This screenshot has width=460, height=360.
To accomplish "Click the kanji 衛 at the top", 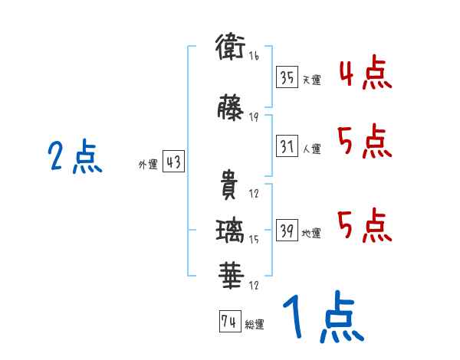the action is (x=230, y=47).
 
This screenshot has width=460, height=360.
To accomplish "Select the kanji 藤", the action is (x=230, y=107).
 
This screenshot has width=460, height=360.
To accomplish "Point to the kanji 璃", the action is (x=230, y=229).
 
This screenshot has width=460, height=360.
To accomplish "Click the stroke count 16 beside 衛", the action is (x=254, y=57).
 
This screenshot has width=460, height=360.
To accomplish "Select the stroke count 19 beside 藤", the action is (x=254, y=117).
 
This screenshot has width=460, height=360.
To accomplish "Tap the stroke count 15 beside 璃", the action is (x=254, y=240).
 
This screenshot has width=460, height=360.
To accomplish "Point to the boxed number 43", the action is (x=173, y=162).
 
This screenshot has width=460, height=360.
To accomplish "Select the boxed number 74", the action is (x=228, y=322).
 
